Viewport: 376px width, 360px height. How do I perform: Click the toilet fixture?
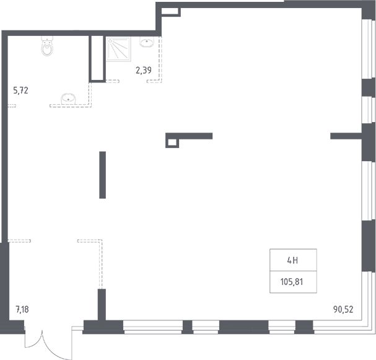point(47,46)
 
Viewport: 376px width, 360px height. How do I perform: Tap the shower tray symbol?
point(118,49)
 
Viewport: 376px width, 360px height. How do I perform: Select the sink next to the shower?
point(147,42)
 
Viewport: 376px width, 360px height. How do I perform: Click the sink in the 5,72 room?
point(68,99)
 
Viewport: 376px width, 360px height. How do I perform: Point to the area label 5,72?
point(20,90)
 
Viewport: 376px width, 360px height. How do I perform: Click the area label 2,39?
point(144,70)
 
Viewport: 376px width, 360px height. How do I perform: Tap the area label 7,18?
point(22,309)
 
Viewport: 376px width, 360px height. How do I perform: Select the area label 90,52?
point(343,309)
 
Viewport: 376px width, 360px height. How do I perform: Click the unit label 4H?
point(292,260)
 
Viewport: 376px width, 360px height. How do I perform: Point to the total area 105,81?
point(292,282)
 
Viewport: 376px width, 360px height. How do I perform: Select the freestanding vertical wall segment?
point(103,175)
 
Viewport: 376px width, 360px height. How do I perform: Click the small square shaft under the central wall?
point(172,143)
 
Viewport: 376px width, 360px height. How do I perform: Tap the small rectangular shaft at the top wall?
point(170,12)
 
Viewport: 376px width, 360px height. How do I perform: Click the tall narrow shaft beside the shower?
point(97,59)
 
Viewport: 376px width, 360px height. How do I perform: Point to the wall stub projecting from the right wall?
point(346,136)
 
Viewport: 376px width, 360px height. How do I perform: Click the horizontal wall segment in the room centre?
point(189,136)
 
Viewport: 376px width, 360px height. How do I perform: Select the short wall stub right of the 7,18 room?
point(102,305)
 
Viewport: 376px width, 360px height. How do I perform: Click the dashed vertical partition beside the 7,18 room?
point(101,265)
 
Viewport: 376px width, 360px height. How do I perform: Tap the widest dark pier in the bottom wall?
point(243,327)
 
